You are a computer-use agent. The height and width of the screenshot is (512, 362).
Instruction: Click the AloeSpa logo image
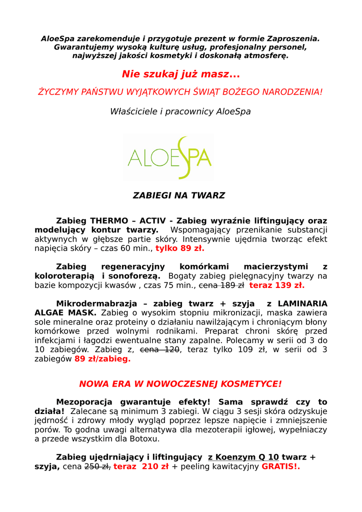click(x=169, y=157)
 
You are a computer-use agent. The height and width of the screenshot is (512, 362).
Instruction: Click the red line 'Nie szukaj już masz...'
click(x=180, y=74)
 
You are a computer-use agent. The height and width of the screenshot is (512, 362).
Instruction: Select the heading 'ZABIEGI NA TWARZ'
click(x=178, y=195)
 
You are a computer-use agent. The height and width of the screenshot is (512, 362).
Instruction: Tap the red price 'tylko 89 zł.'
click(x=179, y=248)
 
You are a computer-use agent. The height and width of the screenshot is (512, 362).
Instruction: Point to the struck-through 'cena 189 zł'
click(x=221, y=285)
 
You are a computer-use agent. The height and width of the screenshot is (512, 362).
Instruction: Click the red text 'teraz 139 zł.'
click(x=276, y=285)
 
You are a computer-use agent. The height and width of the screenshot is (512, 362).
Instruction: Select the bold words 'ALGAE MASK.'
click(x=65, y=312)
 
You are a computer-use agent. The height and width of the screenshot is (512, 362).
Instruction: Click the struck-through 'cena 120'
click(x=159, y=349)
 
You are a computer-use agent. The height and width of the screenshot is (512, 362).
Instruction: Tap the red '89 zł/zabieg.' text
click(x=102, y=359)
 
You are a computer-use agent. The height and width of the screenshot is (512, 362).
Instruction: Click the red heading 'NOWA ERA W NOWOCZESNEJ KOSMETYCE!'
click(x=180, y=384)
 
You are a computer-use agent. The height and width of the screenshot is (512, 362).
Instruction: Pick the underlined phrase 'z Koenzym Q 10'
click(x=243, y=457)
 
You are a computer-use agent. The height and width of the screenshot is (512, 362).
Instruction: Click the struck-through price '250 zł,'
click(x=97, y=466)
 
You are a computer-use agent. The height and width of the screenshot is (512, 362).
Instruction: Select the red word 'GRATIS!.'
click(x=280, y=466)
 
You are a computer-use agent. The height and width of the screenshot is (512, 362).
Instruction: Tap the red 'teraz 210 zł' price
click(x=140, y=466)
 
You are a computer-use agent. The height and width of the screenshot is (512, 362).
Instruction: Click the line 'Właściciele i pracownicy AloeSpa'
click(x=180, y=111)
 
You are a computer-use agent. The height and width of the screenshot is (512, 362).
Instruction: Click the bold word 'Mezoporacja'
click(x=85, y=402)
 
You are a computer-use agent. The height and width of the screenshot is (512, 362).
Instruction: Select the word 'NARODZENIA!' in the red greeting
click(x=292, y=92)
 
